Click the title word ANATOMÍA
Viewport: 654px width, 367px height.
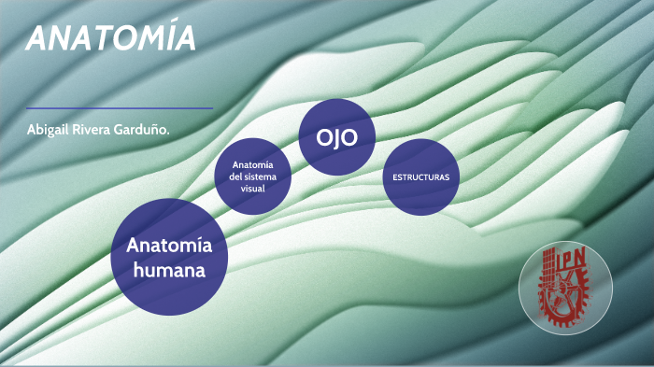click(x=111, y=38)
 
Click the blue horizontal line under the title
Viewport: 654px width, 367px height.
click(x=120, y=108)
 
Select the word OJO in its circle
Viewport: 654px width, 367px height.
click(x=336, y=137)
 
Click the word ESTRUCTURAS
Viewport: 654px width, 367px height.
click(x=420, y=176)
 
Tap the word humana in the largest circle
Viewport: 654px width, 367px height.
click(x=168, y=270)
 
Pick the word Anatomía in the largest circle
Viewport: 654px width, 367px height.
click(x=169, y=247)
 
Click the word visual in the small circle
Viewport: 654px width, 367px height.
click(x=252, y=189)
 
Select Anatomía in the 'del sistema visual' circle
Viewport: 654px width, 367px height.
click(x=252, y=164)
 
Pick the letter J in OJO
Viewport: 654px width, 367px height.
click(x=336, y=137)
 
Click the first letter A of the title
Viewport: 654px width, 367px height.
click(x=38, y=38)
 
